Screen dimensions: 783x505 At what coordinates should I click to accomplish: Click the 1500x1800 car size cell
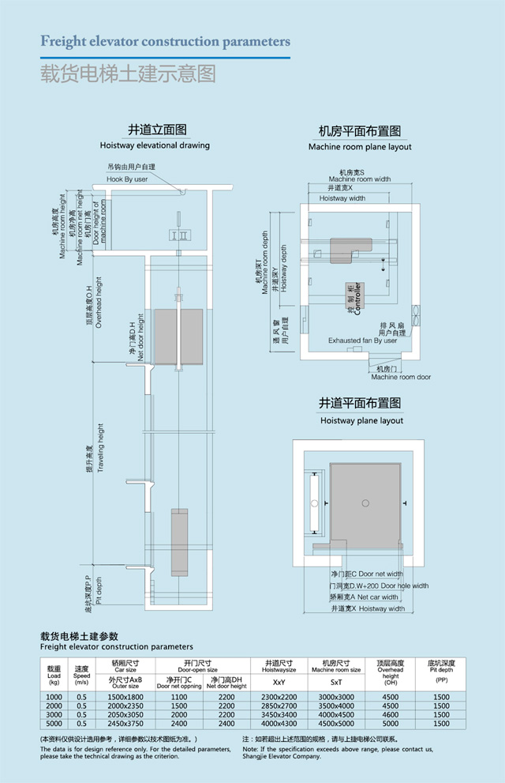tap(125, 697)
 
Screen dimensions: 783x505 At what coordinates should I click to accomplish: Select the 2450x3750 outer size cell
tap(125, 723)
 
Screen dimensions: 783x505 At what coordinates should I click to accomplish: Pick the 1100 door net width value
tap(179, 697)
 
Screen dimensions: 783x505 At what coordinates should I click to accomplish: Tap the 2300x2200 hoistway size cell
tap(279, 697)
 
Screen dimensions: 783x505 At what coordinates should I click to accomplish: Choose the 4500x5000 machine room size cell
tap(336, 723)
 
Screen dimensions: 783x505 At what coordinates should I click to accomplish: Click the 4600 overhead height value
tap(390, 714)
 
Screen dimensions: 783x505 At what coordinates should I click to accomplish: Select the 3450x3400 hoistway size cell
tap(279, 714)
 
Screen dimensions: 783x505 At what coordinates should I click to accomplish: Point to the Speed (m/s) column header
tap(82, 672)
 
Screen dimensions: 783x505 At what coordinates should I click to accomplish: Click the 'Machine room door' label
tap(402, 378)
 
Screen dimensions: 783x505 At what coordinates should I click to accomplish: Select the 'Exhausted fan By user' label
tap(362, 341)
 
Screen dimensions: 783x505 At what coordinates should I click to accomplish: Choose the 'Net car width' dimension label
tap(378, 597)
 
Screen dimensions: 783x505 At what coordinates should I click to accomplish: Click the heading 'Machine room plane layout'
tap(360, 147)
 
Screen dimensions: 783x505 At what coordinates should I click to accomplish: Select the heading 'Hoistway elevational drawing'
tap(155, 145)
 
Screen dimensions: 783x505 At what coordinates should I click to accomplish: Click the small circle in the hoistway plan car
tap(364, 503)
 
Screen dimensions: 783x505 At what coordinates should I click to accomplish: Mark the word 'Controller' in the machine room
tap(357, 298)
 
